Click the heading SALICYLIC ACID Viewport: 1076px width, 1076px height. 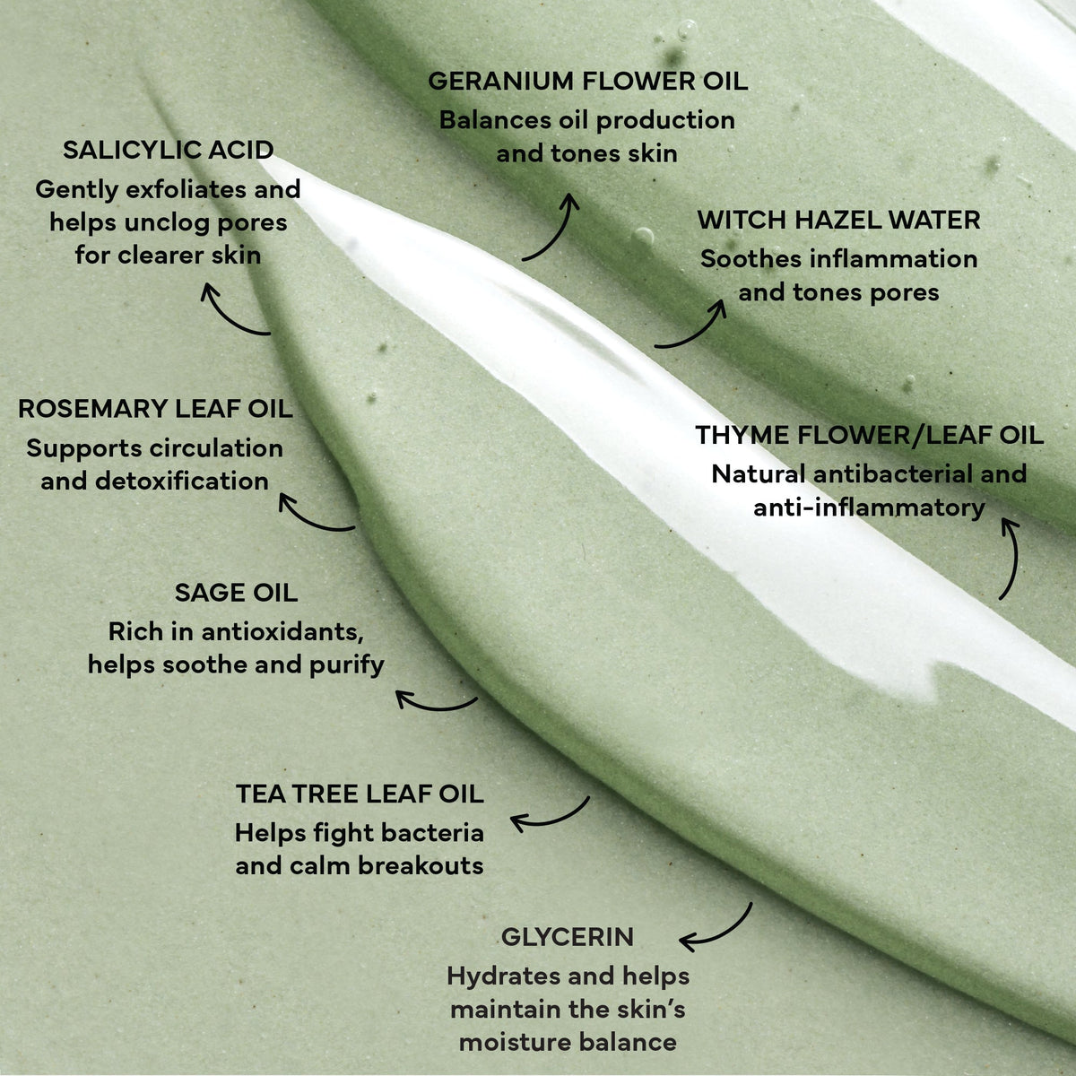click(x=168, y=150)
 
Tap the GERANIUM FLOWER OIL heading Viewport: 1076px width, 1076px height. click(x=587, y=81)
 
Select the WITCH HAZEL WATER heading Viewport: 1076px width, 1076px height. click(x=838, y=220)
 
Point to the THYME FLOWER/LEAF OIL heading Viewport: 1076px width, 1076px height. click(x=869, y=436)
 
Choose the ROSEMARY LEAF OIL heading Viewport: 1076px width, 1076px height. click(x=155, y=409)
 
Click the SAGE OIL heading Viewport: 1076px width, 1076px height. click(x=236, y=593)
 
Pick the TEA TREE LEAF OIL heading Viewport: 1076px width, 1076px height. click(x=360, y=794)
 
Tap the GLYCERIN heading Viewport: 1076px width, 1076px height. click(x=567, y=938)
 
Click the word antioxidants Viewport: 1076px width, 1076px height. click(x=282, y=632)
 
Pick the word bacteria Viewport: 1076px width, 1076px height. click(x=433, y=833)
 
